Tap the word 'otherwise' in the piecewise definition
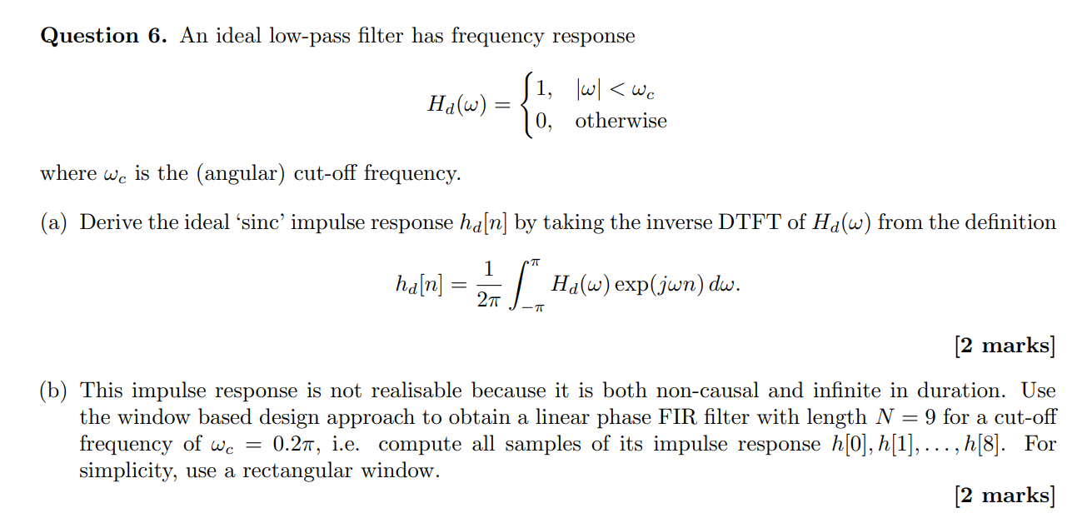tap(621, 121)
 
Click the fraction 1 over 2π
tap(489, 285)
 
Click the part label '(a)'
tap(56, 223)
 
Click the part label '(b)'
tap(56, 391)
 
